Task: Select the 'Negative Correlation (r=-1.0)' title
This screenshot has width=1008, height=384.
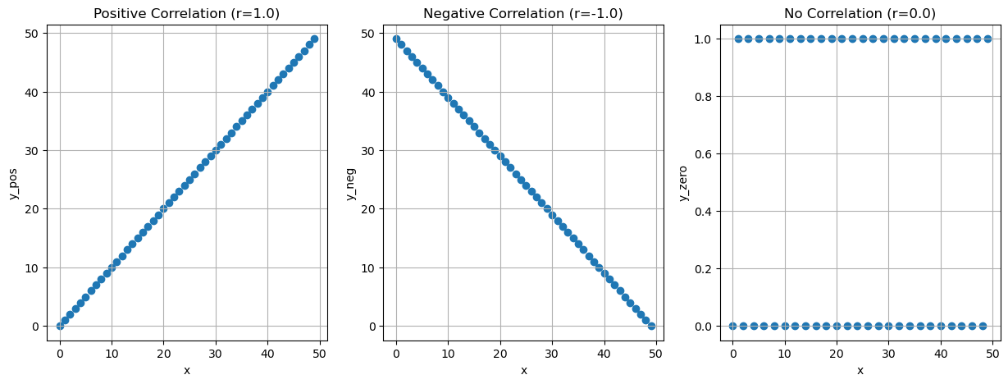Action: [523, 13]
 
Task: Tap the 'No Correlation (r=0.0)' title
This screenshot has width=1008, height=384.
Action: [860, 13]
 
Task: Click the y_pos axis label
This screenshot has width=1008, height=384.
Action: [13, 182]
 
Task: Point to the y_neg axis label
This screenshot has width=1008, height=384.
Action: [350, 182]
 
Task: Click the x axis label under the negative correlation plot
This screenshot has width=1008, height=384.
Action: [523, 370]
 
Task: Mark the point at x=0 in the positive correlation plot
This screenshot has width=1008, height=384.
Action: [60, 326]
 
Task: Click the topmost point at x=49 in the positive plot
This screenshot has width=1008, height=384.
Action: [314, 39]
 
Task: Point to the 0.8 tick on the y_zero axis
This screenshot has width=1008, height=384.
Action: [704, 96]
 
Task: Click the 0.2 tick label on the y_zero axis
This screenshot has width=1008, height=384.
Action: [704, 268]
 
